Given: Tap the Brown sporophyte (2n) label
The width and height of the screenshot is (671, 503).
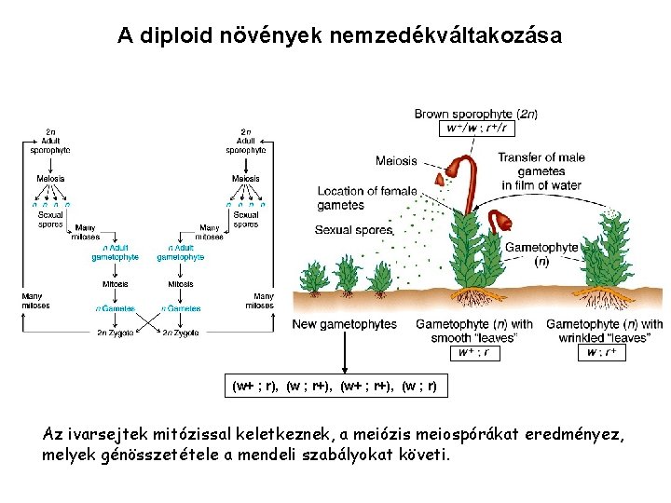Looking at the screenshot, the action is tap(475, 114).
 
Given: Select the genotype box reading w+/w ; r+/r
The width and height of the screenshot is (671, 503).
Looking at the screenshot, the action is tap(475, 128).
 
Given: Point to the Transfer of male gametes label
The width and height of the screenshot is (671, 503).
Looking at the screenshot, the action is tap(539, 170).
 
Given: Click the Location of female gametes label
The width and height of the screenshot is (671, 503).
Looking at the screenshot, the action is tap(366, 197).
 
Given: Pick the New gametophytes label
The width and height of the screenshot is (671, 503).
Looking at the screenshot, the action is tap(344, 324).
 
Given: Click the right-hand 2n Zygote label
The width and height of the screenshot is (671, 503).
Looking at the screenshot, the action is tap(180, 333).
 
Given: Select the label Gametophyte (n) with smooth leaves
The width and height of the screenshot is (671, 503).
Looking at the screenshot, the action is tap(474, 331).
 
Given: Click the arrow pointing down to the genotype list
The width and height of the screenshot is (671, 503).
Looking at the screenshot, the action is tap(346, 354).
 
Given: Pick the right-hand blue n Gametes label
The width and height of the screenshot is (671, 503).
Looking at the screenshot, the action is tap(181, 308).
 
